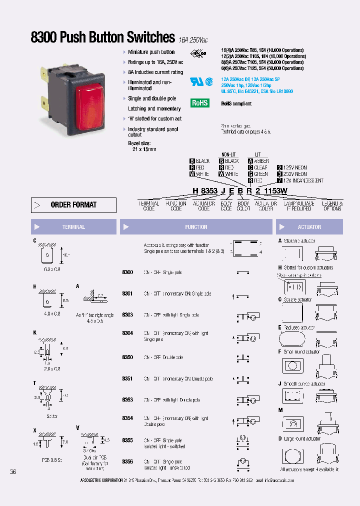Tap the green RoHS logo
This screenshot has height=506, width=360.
click(x=199, y=103)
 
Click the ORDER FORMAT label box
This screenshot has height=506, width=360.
click(x=73, y=205)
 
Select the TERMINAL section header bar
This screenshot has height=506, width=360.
click(x=73, y=227)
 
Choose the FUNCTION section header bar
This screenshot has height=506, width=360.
click(x=195, y=227)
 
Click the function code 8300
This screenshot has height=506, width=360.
click(x=127, y=272)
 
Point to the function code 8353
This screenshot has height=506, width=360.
click(x=127, y=400)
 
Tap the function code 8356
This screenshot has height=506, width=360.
click(x=127, y=461)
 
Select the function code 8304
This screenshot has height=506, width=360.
click(x=127, y=333)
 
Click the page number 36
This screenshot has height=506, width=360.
click(x=13, y=471)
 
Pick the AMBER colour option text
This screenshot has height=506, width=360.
click(x=261, y=161)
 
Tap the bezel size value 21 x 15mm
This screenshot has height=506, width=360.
click(x=144, y=149)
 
